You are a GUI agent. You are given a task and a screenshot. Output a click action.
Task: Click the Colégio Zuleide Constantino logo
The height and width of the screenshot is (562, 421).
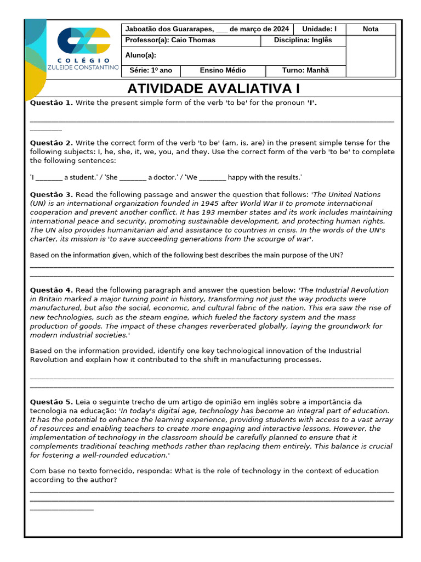pyautogui.click(x=87, y=48)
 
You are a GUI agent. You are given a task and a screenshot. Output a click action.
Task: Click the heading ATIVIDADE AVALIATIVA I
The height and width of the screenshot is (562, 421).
pyautogui.click(x=214, y=89)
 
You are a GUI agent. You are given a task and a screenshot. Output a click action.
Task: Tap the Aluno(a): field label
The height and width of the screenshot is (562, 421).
pyautogui.click(x=141, y=55)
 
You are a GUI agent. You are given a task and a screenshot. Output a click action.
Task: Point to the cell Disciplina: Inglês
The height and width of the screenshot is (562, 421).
pyautogui.click(x=303, y=40)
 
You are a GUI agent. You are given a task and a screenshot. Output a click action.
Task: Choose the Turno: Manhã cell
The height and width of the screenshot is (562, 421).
pyautogui.click(x=305, y=70)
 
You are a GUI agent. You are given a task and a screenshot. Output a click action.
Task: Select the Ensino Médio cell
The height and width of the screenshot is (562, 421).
pyautogui.click(x=223, y=70)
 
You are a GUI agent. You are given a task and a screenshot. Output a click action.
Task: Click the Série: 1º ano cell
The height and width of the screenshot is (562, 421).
pyautogui.click(x=150, y=70)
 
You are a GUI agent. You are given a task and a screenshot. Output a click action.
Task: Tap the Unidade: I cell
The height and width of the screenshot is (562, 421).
pyautogui.click(x=319, y=29)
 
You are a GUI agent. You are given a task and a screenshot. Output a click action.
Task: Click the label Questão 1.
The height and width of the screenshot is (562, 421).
pyautogui.click(x=51, y=103)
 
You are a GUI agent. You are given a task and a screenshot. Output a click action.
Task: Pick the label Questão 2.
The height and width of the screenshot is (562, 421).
pyautogui.click(x=51, y=143)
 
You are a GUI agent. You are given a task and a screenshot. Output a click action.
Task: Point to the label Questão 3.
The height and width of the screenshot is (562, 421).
pyautogui.click(x=51, y=194)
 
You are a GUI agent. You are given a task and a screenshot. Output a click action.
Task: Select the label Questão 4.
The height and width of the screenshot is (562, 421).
pyautogui.click(x=51, y=290)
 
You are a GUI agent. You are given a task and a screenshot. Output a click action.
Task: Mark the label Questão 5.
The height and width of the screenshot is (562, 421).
pyautogui.click(x=51, y=402)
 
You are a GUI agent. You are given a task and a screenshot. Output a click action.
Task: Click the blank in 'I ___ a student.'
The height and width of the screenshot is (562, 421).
pyautogui.click(x=49, y=178)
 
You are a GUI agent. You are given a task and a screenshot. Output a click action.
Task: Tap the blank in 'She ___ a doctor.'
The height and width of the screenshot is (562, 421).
pyautogui.click(x=133, y=178)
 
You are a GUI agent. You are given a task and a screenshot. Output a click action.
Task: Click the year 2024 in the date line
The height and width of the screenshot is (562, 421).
pyautogui.click(x=280, y=29)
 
